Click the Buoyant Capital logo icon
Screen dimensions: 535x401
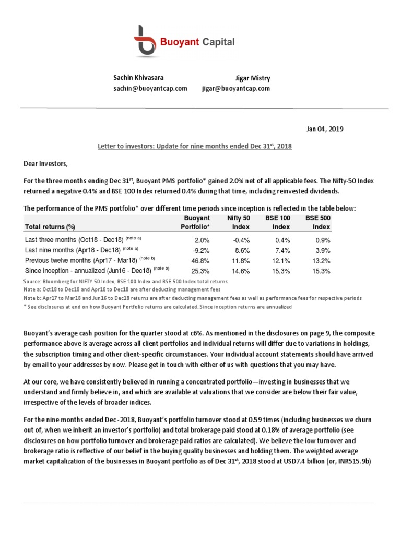pos(146,41)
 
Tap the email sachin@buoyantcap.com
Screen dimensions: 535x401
pos(150,89)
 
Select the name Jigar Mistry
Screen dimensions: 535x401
pos(253,78)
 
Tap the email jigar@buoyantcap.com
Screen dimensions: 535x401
pos(236,89)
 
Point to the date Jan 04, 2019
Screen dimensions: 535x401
pos(324,129)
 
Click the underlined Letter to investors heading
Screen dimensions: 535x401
pos(195,147)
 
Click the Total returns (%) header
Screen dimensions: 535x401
pos(50,227)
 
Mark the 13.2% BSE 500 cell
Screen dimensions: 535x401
pos(321,260)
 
